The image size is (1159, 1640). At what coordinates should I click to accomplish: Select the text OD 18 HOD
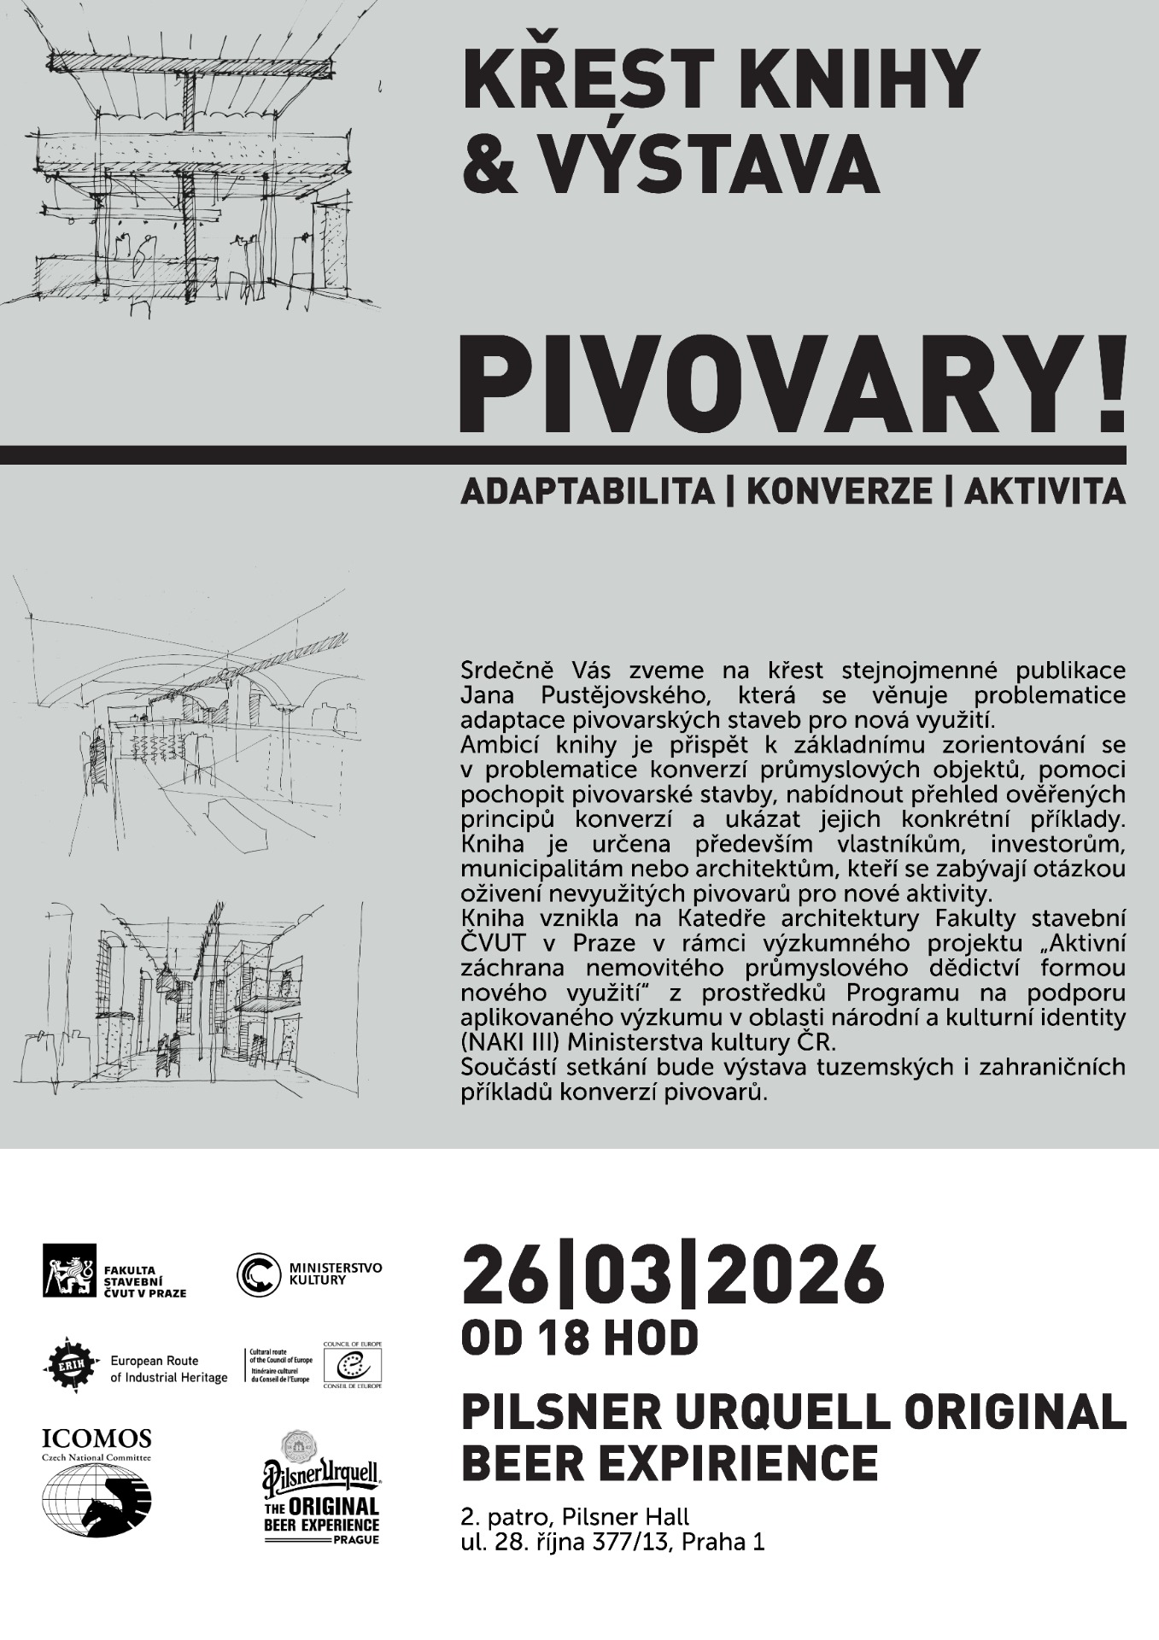[579, 1338]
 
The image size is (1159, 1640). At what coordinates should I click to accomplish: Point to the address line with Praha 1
[612, 1542]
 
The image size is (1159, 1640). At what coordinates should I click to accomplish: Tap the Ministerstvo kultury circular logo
[258, 1274]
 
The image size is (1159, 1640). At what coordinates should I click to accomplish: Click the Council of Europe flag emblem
[352, 1363]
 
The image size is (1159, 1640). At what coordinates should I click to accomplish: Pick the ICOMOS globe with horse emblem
[97, 1499]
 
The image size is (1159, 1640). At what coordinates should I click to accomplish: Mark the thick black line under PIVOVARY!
[564, 454]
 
